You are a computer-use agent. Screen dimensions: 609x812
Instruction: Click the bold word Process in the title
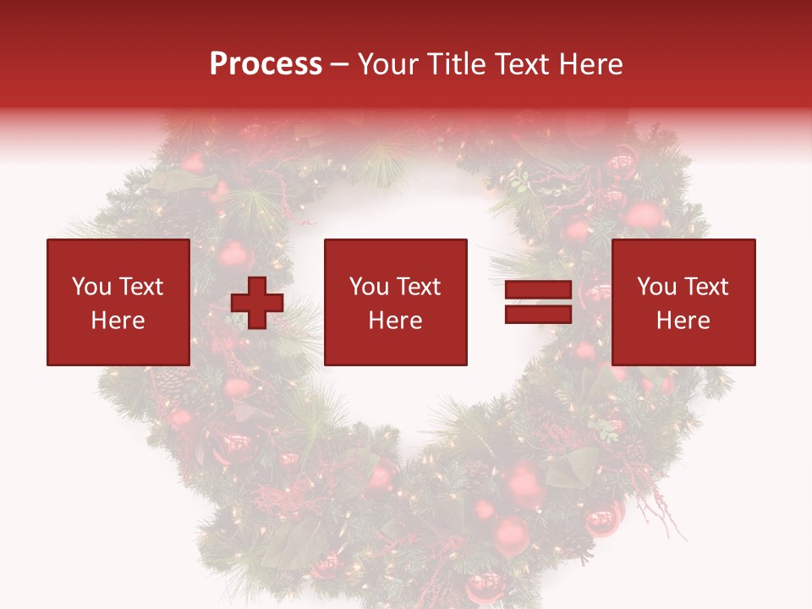point(266,64)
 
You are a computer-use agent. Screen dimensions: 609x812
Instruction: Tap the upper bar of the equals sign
point(539,290)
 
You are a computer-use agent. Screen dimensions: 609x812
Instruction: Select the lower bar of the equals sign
point(539,315)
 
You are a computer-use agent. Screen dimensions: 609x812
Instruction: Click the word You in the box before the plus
point(91,287)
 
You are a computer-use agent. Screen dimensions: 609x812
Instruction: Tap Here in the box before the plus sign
point(118,321)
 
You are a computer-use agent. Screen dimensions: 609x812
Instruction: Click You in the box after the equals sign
point(656,287)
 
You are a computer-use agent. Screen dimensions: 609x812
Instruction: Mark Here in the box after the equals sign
point(683,321)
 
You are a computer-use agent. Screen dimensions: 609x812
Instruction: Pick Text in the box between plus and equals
point(418,287)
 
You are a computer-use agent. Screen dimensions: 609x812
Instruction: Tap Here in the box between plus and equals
point(395,321)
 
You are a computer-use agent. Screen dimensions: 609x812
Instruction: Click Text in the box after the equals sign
point(705,287)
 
